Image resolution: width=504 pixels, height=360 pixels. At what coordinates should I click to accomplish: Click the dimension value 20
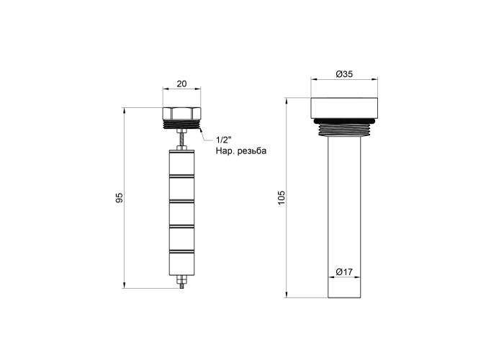[x=181, y=84]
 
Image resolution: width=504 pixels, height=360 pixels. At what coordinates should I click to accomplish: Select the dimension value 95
[x=120, y=198]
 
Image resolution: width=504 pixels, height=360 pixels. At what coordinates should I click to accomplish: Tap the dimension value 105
[x=282, y=198]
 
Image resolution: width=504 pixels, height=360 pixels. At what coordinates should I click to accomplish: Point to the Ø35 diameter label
[x=344, y=74]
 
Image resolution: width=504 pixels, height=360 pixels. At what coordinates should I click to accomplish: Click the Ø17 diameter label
[x=344, y=272]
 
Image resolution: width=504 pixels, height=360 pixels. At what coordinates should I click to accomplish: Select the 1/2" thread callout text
[x=223, y=140]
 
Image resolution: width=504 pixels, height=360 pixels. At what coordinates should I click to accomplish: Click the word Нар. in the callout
[x=225, y=150]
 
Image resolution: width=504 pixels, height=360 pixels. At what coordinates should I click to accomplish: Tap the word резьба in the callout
[x=252, y=151]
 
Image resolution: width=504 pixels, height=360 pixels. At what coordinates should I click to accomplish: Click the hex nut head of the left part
[x=181, y=114]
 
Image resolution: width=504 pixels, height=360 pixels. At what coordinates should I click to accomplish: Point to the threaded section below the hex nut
[x=181, y=125]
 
